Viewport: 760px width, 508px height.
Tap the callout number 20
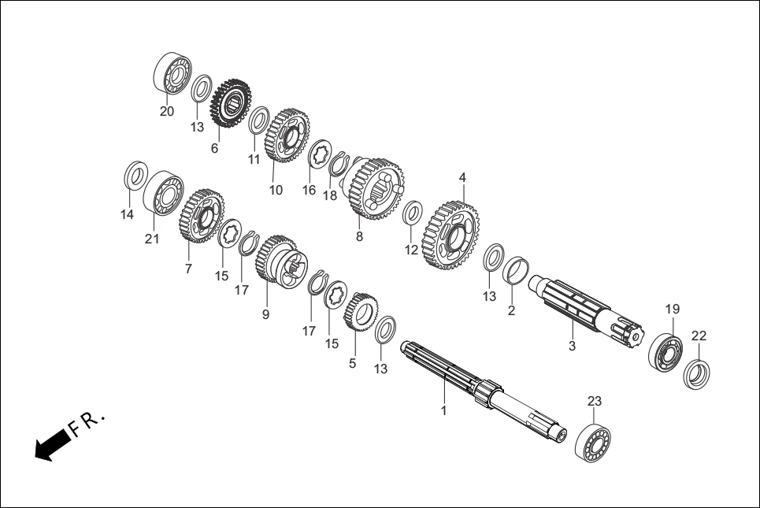coord(167,112)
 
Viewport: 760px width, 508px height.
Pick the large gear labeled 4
coord(451,234)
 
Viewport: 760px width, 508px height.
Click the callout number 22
coord(699,336)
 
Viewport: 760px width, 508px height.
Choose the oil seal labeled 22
coord(696,373)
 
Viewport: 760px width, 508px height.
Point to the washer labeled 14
coord(135,175)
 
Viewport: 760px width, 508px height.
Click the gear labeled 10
coord(287,135)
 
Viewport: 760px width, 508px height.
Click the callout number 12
coord(411,250)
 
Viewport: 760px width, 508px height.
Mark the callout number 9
coord(265,313)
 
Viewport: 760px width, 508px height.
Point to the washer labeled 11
coord(258,122)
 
